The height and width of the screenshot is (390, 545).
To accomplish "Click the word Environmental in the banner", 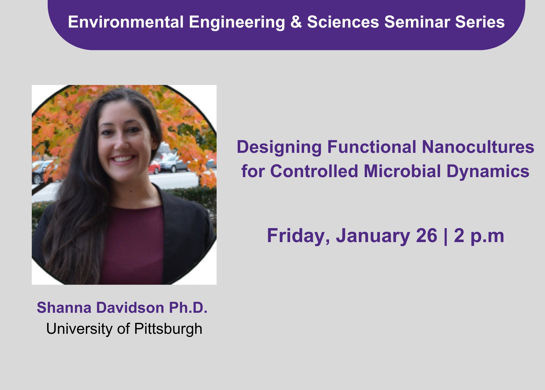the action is (126, 22).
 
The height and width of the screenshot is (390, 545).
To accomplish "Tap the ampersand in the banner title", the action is (296, 22).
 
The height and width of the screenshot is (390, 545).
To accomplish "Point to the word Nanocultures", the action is (478, 147).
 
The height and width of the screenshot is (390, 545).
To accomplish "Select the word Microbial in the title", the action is (402, 171).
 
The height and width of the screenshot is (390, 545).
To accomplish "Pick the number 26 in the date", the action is (426, 236).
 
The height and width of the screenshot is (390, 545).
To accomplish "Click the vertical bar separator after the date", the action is (446, 236).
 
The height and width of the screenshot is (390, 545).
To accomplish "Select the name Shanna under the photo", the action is (64, 308).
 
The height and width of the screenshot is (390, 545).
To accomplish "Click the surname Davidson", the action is (130, 308).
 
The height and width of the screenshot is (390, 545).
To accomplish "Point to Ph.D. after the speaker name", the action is (188, 308).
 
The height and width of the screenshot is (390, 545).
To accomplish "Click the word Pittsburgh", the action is (168, 329).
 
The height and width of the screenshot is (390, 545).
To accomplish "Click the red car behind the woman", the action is (155, 167).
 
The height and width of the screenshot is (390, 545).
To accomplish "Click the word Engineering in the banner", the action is (237, 22).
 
